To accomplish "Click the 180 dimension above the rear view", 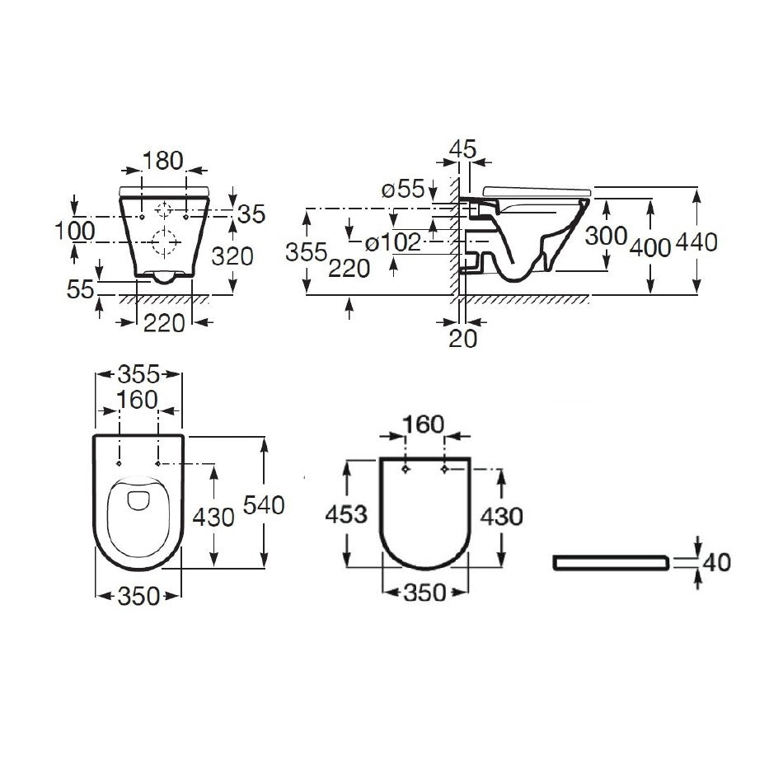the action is (163, 161).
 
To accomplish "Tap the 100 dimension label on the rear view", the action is (75, 231).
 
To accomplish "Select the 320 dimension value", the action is (232, 256).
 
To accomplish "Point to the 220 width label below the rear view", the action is (164, 323).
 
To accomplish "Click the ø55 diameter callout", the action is (403, 190).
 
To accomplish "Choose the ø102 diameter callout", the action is (393, 242).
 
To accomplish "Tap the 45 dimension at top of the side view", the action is (463, 149).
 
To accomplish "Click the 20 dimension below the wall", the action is (463, 339).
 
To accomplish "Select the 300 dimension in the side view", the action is (607, 236).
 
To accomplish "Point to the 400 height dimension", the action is (650, 248).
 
